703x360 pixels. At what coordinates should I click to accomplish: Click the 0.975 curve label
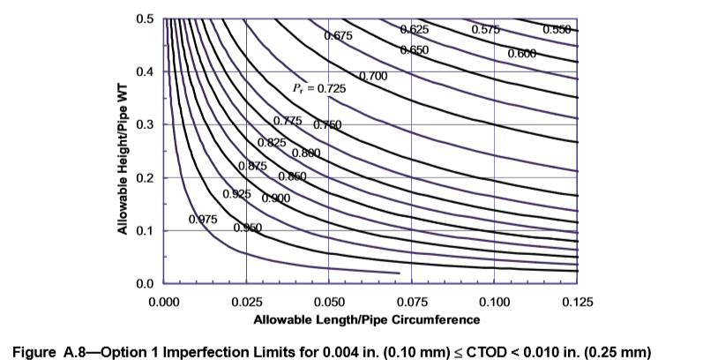tap(203, 219)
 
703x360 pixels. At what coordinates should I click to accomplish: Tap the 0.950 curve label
tap(248, 228)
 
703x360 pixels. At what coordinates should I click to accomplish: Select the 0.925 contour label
tap(236, 193)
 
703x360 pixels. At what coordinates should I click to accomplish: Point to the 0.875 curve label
tap(252, 166)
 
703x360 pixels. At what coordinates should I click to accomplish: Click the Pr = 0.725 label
tap(320, 89)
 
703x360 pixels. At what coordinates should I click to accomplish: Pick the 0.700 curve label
tap(373, 77)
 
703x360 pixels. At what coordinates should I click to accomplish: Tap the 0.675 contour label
tap(339, 36)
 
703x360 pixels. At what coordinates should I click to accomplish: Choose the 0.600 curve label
tap(521, 54)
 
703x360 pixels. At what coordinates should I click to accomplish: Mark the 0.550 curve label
tap(557, 30)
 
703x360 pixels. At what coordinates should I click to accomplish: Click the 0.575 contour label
tap(486, 30)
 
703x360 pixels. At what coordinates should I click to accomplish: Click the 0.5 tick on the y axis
tap(146, 19)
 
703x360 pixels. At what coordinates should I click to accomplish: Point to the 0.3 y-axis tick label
tap(146, 124)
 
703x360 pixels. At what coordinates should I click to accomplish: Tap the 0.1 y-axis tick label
tap(146, 230)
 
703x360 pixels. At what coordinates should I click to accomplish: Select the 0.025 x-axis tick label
tap(246, 303)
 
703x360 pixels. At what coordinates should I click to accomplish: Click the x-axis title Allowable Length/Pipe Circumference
tap(368, 319)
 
